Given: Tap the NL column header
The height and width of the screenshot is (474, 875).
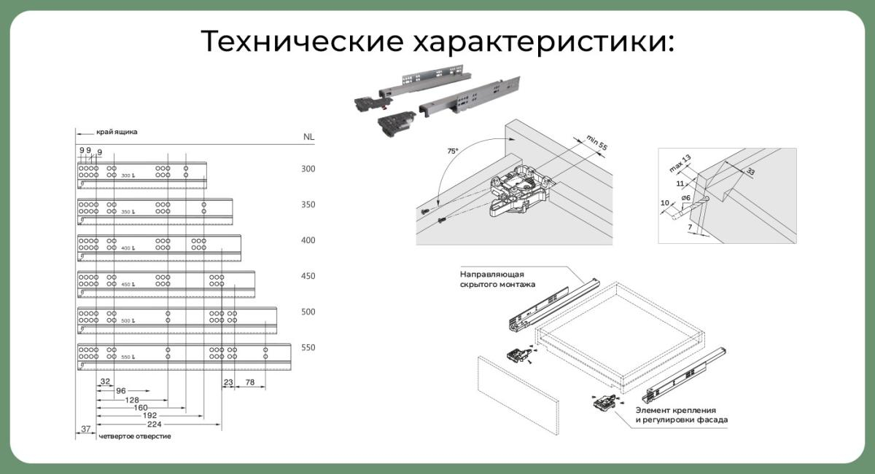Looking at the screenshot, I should (x=308, y=137).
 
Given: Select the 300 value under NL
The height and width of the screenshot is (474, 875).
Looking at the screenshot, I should (x=308, y=169).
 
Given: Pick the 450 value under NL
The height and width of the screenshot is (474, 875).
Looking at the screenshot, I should (x=308, y=277).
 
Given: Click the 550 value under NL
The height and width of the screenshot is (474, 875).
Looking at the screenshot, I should (x=308, y=347).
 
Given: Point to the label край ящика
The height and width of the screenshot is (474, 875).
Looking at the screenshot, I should (x=117, y=133).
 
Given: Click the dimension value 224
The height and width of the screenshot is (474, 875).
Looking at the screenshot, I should (x=153, y=424).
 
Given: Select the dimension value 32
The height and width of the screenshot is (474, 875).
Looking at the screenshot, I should (x=105, y=382).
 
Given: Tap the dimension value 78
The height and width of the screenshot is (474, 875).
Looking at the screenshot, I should (x=249, y=382).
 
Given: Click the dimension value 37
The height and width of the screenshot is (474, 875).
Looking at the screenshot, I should (x=85, y=430).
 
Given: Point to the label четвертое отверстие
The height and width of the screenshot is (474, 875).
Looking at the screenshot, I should (x=134, y=436).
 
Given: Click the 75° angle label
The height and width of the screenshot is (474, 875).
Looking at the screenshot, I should (x=453, y=151).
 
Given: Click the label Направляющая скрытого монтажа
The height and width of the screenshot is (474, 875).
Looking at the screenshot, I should (x=492, y=279).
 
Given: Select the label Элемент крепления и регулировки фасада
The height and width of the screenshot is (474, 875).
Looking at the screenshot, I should (x=681, y=415).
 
